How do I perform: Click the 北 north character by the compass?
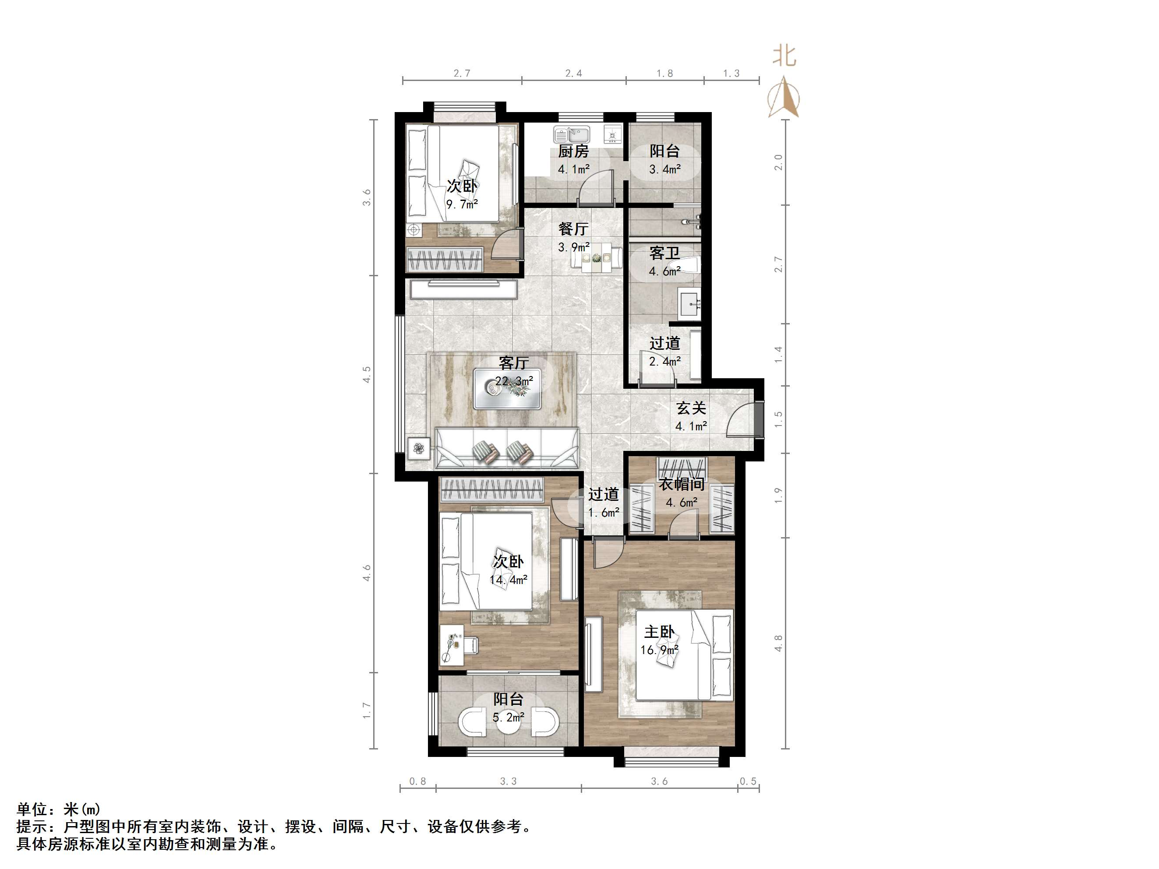784,56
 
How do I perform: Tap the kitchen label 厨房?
573,151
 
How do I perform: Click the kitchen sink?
572,135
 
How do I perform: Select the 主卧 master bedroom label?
659,632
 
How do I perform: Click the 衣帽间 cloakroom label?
681,484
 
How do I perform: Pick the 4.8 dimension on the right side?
779,643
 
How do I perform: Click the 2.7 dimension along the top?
462,74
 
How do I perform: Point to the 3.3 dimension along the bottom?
508,781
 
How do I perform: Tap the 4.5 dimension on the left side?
367,374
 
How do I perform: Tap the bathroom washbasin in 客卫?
691,303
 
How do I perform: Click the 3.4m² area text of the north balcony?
664,169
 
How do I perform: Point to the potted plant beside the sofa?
419,448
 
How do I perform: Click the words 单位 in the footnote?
32,810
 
